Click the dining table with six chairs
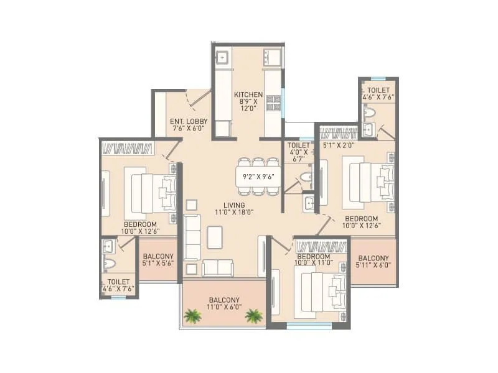[257, 176]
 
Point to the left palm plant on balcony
[192, 316]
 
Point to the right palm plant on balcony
[253, 316]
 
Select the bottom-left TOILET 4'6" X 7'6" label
[117, 285]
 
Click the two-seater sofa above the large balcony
[218, 268]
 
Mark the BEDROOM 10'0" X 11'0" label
[313, 260]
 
